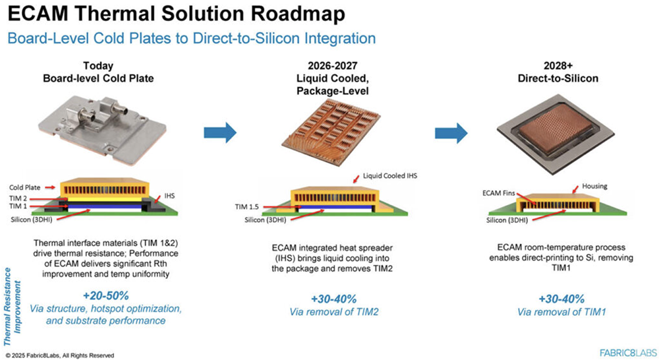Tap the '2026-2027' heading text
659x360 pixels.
coord(335,65)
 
